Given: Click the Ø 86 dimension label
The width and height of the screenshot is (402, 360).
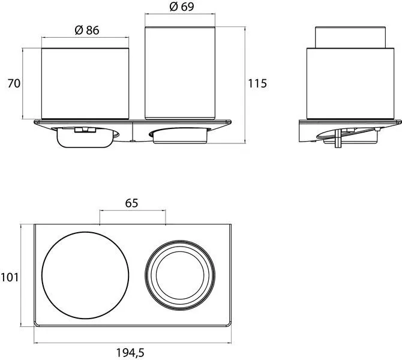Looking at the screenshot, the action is pos(87,30).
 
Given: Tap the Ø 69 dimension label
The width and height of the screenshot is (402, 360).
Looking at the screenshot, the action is pos(182,7).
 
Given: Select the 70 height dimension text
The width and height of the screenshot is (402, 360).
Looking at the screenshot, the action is pos(14,83).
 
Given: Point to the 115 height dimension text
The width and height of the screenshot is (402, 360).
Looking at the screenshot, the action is pos(257,83).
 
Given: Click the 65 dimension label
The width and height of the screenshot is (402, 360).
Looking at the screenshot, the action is pos(131,203).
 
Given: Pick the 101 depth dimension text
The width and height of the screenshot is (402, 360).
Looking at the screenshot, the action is pos(10,277).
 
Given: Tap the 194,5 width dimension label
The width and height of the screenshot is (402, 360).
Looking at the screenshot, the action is pos(130,353).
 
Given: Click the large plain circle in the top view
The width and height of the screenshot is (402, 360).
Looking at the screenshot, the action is pos(85,232).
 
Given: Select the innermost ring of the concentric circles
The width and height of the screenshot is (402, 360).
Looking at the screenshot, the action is pos(180,251).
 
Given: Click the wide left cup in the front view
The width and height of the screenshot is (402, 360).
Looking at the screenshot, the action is pos(85,83).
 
